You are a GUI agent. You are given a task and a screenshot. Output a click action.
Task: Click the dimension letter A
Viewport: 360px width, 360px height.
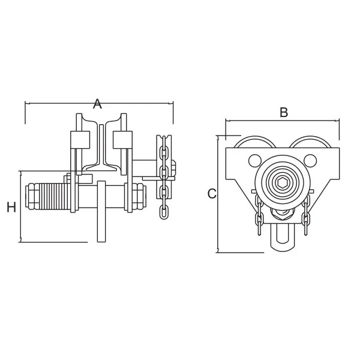97,104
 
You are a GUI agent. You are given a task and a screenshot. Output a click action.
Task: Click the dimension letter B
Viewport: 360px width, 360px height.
284,113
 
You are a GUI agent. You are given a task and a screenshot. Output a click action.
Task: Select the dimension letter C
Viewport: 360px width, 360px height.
212,194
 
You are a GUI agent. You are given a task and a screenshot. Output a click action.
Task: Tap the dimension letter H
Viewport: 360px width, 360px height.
11,207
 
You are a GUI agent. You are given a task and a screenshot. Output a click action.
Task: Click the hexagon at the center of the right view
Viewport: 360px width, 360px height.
283,183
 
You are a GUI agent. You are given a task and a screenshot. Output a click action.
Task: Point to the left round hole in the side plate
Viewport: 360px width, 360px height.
255,160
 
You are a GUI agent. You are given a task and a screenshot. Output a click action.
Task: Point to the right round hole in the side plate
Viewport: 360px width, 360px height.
310,160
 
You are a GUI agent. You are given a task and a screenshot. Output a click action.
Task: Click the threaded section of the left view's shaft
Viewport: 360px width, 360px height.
55,196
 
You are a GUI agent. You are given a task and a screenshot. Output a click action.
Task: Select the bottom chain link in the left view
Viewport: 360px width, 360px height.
163,212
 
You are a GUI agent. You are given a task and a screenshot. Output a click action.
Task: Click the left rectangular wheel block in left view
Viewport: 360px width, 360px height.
80,140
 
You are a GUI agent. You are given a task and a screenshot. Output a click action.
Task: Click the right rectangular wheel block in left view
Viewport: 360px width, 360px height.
122,140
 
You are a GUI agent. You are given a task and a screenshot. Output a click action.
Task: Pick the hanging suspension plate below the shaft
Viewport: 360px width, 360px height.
101,211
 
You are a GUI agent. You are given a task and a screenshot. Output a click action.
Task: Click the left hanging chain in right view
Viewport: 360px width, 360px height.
259,215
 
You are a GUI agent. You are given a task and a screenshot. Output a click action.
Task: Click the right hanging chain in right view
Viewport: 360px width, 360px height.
306,215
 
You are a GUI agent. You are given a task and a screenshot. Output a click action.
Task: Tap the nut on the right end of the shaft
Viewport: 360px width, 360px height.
139,196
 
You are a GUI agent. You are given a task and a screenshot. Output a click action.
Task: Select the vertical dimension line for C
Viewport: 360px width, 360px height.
217,194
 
